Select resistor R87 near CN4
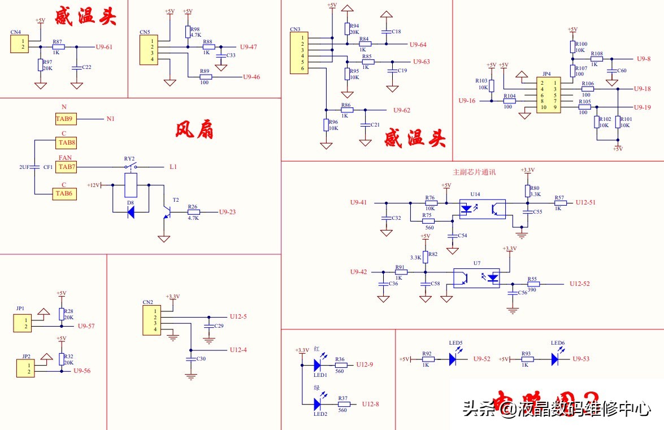58,47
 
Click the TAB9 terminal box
64,119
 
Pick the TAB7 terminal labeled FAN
66,167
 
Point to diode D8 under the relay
131,212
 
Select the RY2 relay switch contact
131,167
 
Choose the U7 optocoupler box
477,277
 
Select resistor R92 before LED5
428,359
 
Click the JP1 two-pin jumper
23,323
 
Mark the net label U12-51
585,202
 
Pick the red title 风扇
194,131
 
